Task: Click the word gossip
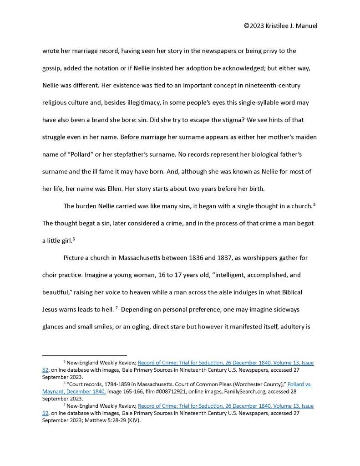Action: coord(52,68)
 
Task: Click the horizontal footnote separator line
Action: coord(84,355)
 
